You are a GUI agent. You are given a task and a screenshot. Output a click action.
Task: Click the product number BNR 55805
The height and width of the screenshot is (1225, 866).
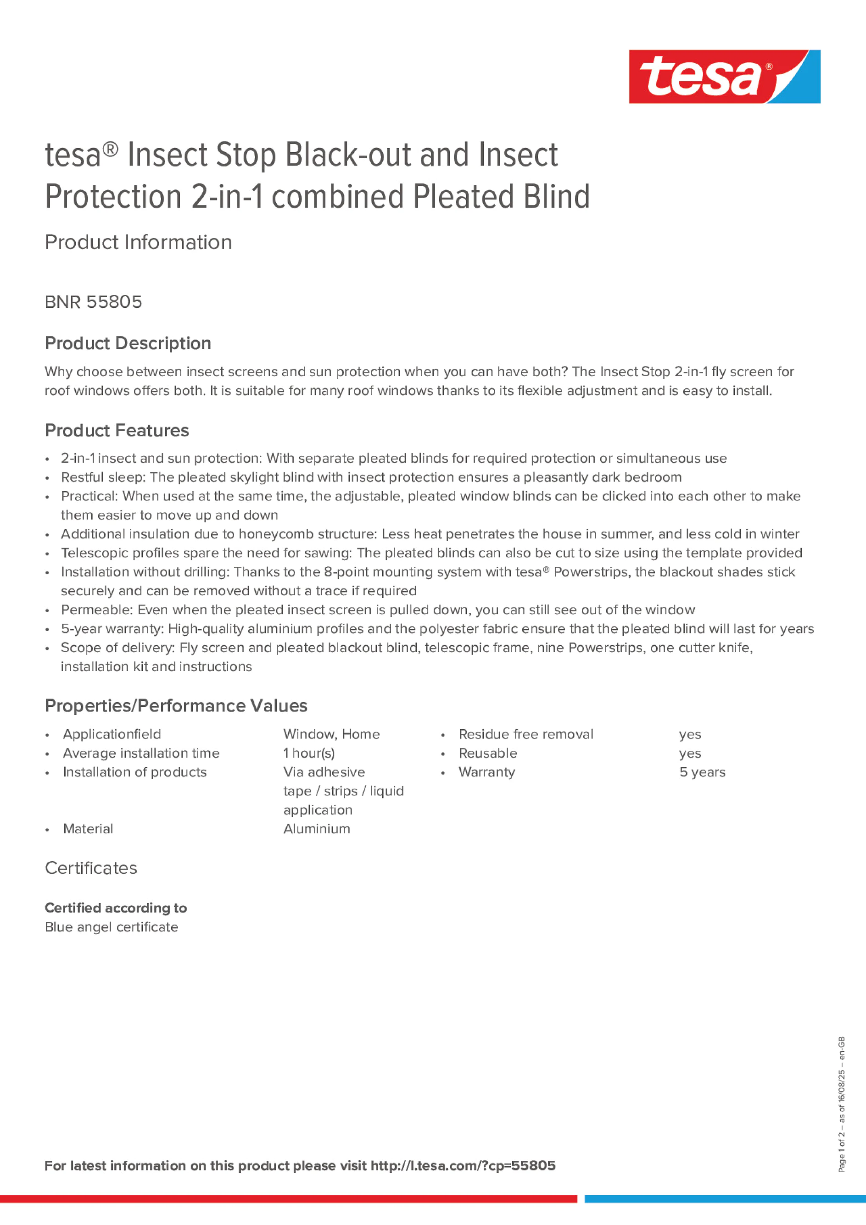pos(94,302)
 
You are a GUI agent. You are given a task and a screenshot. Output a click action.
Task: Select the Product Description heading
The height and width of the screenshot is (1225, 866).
pos(128,343)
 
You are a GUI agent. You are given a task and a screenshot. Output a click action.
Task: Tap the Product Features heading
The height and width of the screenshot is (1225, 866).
pos(117,431)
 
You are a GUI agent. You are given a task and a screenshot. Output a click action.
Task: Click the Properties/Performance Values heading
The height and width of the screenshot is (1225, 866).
pos(176,705)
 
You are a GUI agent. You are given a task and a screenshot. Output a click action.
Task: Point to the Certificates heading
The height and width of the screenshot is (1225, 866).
pos(91,868)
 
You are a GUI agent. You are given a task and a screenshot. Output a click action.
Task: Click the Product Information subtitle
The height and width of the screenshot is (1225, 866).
pos(138,242)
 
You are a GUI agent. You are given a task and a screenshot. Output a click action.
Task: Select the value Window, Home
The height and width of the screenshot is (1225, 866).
pos(331,734)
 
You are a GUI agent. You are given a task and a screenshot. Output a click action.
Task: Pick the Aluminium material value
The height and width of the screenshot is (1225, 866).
pos(317,829)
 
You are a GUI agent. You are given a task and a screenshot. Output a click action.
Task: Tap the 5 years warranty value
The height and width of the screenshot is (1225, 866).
pos(702,772)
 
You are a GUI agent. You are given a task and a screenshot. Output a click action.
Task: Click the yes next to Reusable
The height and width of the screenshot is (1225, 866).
pos(690,754)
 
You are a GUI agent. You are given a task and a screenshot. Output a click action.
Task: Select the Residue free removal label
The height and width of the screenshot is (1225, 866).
pos(525,734)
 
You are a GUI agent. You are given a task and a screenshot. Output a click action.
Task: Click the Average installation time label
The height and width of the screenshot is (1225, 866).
pos(141,754)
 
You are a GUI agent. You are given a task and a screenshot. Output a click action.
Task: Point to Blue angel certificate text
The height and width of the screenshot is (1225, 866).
pos(111,927)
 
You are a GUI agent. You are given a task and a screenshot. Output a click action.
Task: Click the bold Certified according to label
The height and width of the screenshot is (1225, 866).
pos(115,908)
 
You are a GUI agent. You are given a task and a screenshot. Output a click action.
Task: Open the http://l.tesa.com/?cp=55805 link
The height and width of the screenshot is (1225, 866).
pos(462,1166)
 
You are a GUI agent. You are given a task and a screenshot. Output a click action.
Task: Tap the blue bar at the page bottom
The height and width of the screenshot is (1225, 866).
pos(725,1199)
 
